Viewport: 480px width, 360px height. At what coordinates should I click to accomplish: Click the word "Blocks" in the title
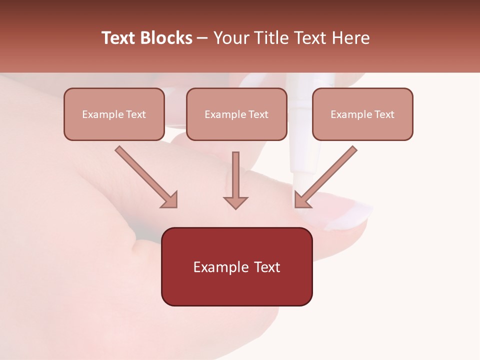[167, 38]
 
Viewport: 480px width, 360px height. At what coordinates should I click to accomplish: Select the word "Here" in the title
[351, 38]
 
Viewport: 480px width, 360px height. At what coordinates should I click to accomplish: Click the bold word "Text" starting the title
[120, 38]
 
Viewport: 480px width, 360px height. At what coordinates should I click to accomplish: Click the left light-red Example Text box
[114, 114]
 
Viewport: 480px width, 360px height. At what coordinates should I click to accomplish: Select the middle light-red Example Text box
[236, 114]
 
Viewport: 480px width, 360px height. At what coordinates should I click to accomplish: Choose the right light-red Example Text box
[362, 114]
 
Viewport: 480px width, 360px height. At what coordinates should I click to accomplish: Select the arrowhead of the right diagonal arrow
[300, 202]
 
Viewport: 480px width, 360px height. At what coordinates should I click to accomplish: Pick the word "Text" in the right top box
[384, 114]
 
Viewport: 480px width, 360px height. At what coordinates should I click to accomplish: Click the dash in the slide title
[202, 38]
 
